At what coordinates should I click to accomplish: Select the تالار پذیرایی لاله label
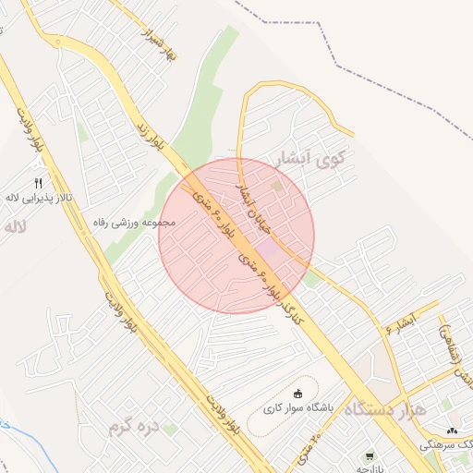pyautogui.click(x=37, y=198)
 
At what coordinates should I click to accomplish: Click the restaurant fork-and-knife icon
pyautogui.click(x=38, y=183)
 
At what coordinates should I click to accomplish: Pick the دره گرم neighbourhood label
pyautogui.click(x=135, y=427)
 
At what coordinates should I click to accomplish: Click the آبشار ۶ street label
pyautogui.click(x=403, y=323)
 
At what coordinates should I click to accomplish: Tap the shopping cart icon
pyautogui.click(x=370, y=456)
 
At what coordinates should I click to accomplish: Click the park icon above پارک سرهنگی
pyautogui.click(x=452, y=431)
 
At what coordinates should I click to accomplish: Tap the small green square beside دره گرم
pyautogui.click(x=169, y=429)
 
